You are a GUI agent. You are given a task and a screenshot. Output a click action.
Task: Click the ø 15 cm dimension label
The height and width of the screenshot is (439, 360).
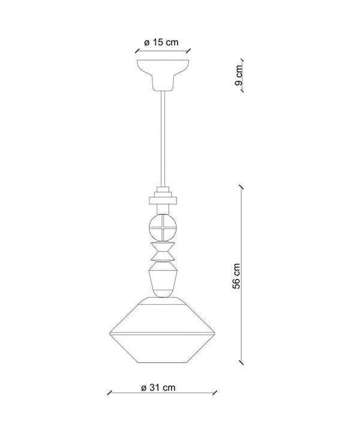tap(161, 43)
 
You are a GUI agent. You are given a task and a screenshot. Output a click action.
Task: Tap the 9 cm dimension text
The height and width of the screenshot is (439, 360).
tap(239, 75)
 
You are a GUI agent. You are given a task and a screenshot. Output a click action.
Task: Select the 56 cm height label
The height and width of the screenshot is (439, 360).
tap(236, 276)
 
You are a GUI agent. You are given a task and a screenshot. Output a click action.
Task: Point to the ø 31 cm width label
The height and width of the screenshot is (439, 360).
tap(158, 387)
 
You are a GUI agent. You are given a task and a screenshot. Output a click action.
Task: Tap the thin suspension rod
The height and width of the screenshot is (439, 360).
tap(163, 139)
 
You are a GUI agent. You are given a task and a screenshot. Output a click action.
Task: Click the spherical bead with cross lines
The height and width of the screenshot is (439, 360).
tap(163, 227)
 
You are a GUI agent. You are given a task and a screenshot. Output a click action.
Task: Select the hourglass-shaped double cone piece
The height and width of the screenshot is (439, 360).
tap(163, 251)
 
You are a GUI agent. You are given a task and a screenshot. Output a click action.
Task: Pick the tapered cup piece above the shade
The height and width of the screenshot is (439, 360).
tap(163, 279)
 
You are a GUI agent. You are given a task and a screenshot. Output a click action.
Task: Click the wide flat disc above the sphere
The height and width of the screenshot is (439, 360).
tap(163, 200)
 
